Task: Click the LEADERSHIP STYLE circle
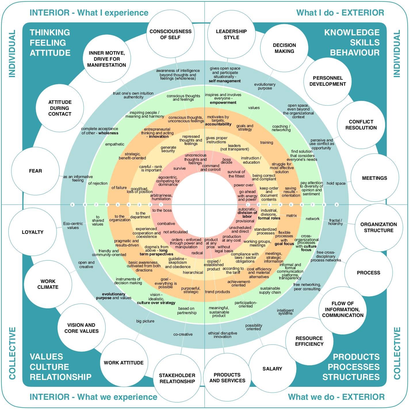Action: coord(231,34)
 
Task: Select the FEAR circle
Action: coord(35,171)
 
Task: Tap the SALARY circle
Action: coord(272,369)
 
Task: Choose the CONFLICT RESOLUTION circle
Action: coord(361,125)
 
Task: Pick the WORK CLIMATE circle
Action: coord(48,284)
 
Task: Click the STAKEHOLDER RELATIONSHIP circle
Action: coord(177,378)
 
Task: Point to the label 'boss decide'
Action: coord(227,161)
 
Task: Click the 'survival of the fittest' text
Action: coord(236,174)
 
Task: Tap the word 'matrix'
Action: coord(291,215)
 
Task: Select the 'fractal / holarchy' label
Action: coord(335,222)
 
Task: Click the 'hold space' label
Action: coord(336,183)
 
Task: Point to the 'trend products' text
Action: coord(217,292)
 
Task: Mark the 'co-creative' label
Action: coord(183,334)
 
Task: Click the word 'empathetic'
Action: coord(115,144)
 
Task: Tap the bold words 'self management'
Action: coord(225,81)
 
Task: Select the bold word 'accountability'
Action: coord(218,124)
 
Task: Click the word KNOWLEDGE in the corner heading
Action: coord(352,33)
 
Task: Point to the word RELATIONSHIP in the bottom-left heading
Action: coord(60,377)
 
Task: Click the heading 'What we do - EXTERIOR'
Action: coord(336,397)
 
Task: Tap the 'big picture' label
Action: coord(145,321)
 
